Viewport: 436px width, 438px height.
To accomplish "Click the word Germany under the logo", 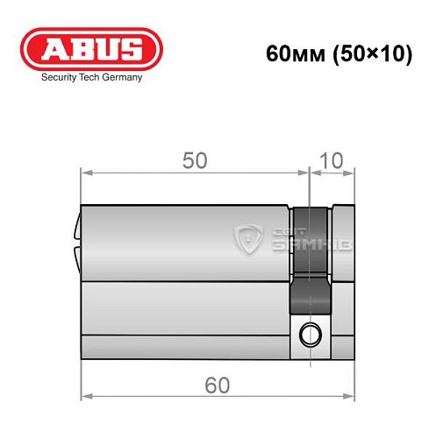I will (118, 77).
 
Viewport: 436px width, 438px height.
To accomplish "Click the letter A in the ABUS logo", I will (52, 49).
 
